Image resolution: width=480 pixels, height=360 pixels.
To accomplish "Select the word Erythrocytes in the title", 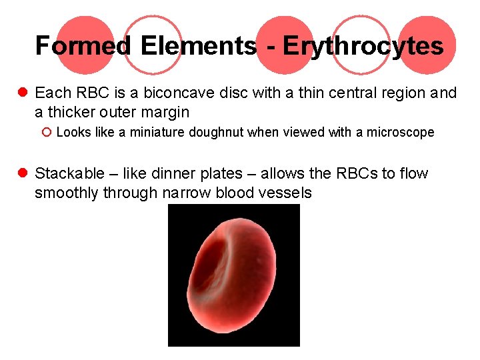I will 363,46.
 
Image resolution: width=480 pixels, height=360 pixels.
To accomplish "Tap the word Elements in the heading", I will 198,46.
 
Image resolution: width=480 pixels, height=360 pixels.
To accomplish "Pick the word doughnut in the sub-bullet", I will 216,132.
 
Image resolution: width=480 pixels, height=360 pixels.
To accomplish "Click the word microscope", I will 400,132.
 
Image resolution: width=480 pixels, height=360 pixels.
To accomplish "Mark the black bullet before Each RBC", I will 23,93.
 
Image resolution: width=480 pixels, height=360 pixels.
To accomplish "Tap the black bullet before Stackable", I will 23,174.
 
